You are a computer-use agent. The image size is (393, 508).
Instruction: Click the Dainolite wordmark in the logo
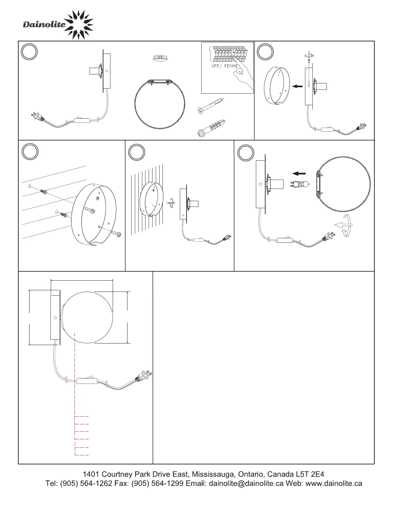pos(44,25)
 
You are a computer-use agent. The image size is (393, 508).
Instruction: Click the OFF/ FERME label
pos(224,66)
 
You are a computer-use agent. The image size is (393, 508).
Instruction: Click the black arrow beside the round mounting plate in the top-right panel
pos(297,86)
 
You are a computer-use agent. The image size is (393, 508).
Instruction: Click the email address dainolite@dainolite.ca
pos(246,484)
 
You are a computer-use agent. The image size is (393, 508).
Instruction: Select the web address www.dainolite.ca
pos(334,484)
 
